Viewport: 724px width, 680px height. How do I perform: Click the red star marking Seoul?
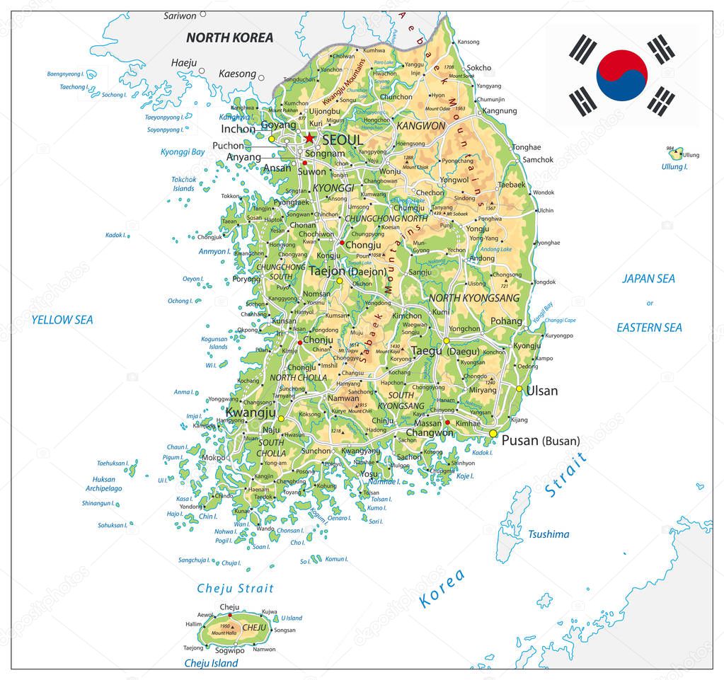(309, 138)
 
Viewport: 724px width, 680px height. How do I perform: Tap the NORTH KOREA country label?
(229, 38)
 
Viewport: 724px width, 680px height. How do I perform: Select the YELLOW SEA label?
(62, 320)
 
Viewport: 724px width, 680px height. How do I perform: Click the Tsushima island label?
(548, 534)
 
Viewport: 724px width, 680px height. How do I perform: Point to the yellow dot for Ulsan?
(519, 389)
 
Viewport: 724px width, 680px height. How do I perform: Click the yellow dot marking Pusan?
(493, 433)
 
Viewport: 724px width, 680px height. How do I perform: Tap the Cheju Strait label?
(235, 588)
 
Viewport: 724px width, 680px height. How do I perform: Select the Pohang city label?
(506, 321)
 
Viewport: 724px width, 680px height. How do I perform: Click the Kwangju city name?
(251, 412)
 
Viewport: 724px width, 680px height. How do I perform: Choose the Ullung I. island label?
(674, 167)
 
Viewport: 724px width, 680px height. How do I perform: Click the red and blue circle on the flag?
(622, 74)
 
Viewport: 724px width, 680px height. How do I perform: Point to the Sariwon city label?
(180, 16)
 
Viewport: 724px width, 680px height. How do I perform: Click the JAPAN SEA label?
(648, 279)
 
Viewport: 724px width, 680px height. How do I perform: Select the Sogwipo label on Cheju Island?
(229, 650)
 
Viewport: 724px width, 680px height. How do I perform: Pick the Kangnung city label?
(499, 110)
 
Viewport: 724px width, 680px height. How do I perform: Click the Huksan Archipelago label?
(103, 483)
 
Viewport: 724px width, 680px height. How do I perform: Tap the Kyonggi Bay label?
(183, 152)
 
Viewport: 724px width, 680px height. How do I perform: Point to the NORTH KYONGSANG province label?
(474, 298)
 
